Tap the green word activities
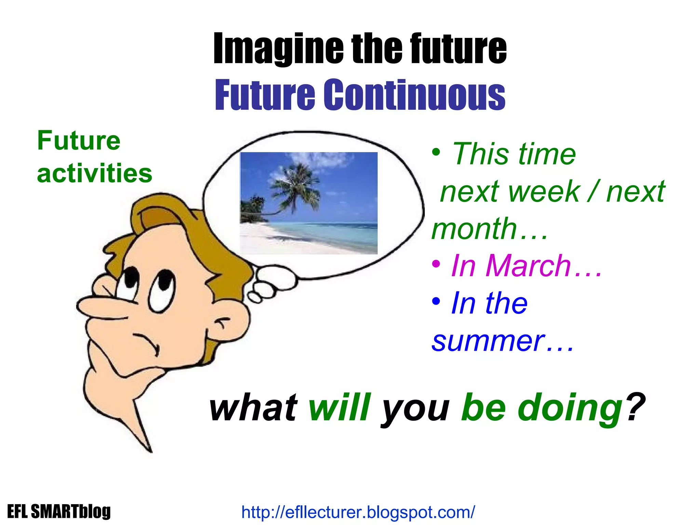click(94, 173)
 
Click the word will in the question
click(339, 407)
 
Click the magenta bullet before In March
click(436, 264)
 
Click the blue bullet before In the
click(436, 301)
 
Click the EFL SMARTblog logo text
click(59, 512)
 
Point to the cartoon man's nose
click(99, 306)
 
